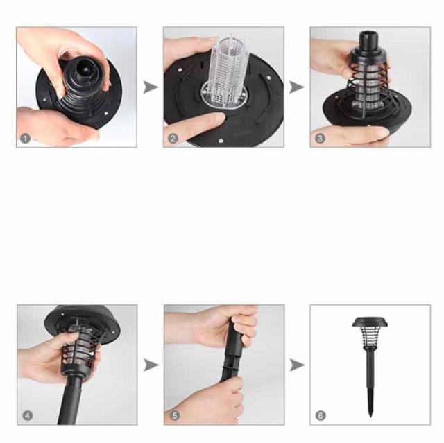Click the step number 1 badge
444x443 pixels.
pos(25,139)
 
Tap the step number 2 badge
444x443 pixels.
pos(173,139)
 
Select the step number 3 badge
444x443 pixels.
pos(320,139)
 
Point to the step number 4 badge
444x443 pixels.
pos(28,415)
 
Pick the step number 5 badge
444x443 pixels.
pos(175,415)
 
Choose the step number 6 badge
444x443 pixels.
pos(321,415)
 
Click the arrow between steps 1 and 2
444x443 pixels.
pos(151,87)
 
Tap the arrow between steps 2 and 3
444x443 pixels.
pos(296,87)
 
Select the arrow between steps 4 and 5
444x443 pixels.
pos(151,365)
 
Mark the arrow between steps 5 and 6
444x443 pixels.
pos(297,365)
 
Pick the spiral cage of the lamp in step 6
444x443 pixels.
pos(370,338)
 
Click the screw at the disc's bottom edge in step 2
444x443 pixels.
pos(221,140)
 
